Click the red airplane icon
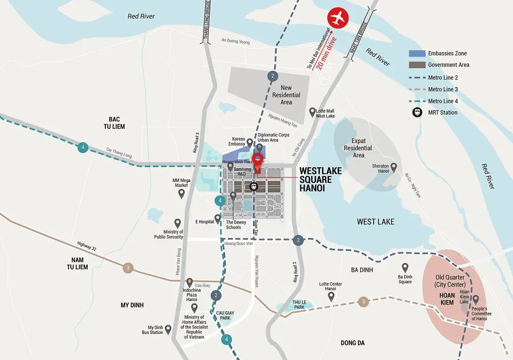click(x=338, y=18)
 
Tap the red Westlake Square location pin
click(x=258, y=160)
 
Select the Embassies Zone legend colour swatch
click(x=417, y=54)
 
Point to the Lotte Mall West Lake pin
click(x=312, y=111)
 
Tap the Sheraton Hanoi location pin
click(x=394, y=167)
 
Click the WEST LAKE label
click(x=376, y=222)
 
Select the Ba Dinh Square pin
click(x=405, y=267)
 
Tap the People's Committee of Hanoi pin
click(x=476, y=299)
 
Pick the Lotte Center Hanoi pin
click(x=331, y=295)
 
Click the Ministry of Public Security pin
click(x=177, y=223)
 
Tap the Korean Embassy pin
click(x=250, y=142)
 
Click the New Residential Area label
click(x=286, y=95)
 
